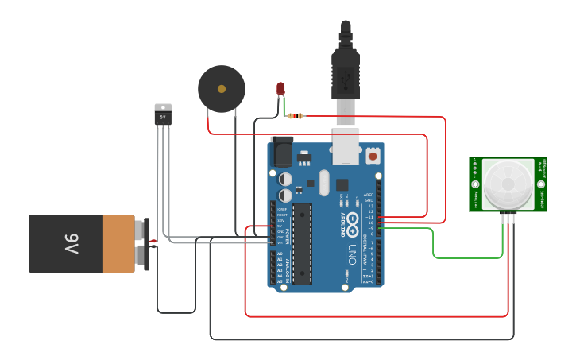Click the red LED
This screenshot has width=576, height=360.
pyautogui.click(x=280, y=88)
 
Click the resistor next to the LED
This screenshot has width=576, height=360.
pyautogui.click(x=295, y=116)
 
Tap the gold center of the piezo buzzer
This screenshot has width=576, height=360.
pyautogui.click(x=222, y=89)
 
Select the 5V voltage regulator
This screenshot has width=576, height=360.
pyautogui.click(x=163, y=117)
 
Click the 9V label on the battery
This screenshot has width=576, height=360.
pyautogui.click(x=70, y=244)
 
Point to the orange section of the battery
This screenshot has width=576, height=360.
pyautogui.click(x=118, y=244)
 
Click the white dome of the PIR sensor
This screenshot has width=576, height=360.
pyautogui.click(x=508, y=184)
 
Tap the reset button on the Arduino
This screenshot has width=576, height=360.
pyautogui.click(x=373, y=157)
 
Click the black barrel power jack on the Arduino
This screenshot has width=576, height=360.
pyautogui.click(x=281, y=152)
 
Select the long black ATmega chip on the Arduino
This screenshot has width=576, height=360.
pyautogui.click(x=302, y=244)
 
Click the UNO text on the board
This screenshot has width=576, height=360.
pyautogui.click(x=352, y=255)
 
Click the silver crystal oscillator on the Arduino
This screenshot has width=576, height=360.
pyautogui.click(x=323, y=182)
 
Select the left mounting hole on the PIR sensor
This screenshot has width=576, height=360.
pyautogui.click(x=475, y=184)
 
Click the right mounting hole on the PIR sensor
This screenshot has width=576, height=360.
pyautogui.click(x=541, y=184)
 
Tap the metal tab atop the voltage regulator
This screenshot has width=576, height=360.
pyautogui.click(x=163, y=107)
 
